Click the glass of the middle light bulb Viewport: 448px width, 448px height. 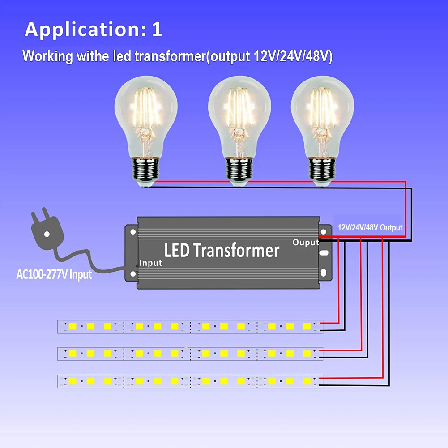click(x=239, y=112)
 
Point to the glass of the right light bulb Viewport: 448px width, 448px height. click(x=322, y=112)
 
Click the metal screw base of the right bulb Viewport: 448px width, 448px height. click(x=322, y=172)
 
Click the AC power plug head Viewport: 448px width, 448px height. click(x=45, y=230)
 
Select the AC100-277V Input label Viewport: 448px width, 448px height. click(x=54, y=274)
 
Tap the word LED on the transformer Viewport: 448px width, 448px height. click(x=177, y=250)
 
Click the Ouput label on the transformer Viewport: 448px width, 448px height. click(x=306, y=243)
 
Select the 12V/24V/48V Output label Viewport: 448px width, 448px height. click(x=370, y=228)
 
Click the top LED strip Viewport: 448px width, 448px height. click(x=190, y=326)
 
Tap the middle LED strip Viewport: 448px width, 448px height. click(x=190, y=354)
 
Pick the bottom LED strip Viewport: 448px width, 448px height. click(x=190, y=381)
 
